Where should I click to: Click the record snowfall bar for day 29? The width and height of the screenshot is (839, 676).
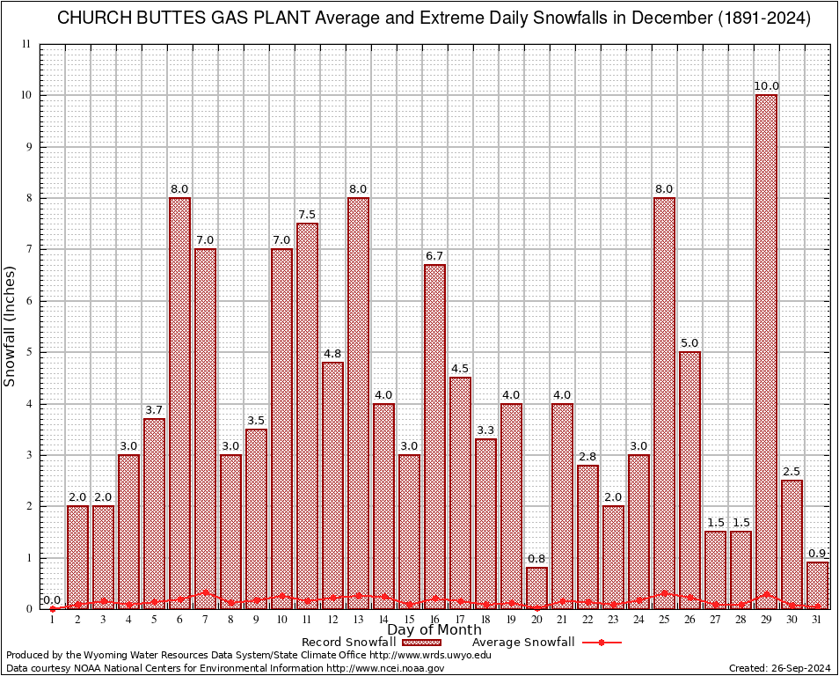coord(766,352)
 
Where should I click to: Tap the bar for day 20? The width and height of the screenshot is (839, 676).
coord(536,588)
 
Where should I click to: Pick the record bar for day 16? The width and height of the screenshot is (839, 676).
coord(434,437)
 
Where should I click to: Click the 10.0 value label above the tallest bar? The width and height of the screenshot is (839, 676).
coord(766,86)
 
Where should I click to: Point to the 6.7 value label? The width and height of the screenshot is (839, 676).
coord(434,256)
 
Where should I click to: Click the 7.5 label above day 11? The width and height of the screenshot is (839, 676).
coord(307,215)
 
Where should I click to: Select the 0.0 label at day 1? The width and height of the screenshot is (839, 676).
coord(52,600)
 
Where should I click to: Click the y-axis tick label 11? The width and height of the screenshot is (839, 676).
coord(27,44)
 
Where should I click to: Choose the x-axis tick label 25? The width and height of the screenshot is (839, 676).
coord(664,620)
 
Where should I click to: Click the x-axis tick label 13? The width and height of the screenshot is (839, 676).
coord(358,620)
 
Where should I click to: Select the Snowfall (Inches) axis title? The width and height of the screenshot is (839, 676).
coord(11,326)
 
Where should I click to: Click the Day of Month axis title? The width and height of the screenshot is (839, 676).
coord(434,630)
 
